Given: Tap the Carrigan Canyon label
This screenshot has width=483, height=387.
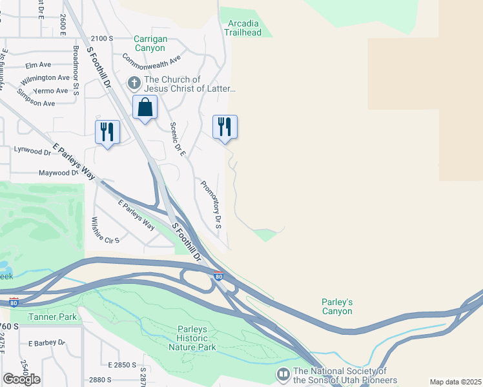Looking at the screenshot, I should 150,43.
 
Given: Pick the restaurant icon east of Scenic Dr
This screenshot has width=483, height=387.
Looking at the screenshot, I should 225,126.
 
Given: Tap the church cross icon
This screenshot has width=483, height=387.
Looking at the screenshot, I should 134,83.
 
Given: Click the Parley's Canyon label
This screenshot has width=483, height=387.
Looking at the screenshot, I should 337,306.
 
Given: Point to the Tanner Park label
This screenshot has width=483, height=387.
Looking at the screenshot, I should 52,317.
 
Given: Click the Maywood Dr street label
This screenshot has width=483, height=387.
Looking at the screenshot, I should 57,173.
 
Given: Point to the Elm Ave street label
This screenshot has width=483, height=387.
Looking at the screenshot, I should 38,64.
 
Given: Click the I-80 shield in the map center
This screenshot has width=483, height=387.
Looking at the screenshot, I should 219,275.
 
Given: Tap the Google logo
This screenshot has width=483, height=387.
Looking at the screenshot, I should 21,379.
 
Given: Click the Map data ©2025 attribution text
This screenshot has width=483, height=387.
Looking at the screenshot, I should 455,382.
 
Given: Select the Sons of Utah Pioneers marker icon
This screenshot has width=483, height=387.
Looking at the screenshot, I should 283,374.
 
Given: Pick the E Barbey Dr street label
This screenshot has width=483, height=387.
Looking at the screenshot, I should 44,342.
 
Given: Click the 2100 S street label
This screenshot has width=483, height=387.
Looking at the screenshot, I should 102,39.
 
